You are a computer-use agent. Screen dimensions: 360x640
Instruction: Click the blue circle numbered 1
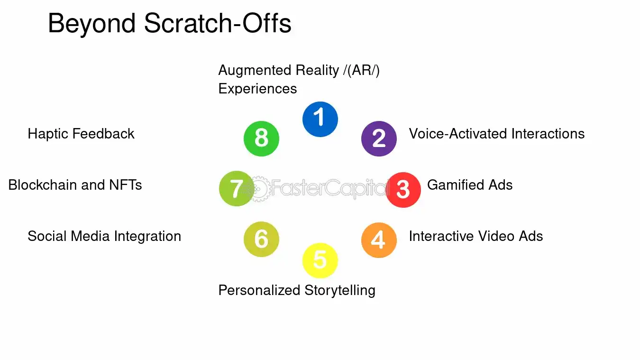tap(320, 119)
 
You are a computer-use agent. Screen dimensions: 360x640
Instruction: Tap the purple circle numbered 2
tap(379, 138)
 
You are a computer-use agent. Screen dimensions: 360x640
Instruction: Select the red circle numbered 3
tap(403, 189)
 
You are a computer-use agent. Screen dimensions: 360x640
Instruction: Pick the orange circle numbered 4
tap(379, 240)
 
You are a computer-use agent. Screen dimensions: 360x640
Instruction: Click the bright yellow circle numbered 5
tap(320, 260)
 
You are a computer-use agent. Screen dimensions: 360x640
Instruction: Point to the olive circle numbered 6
tap(261, 240)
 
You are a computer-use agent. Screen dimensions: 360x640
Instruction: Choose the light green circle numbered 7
tap(237, 189)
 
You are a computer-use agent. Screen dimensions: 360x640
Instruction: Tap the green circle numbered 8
tap(261, 138)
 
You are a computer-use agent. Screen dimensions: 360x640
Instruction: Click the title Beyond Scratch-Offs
tap(169, 23)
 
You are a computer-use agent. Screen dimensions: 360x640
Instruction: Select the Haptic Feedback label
tap(81, 134)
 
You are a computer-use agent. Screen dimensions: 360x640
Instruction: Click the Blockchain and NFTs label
tap(75, 185)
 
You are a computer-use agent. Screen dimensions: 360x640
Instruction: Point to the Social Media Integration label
tap(104, 236)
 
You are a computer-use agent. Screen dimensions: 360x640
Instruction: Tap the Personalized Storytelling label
tap(296, 290)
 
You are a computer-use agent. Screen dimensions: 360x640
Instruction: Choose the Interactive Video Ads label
tap(475, 236)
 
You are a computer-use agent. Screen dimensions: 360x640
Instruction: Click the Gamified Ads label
tap(469, 185)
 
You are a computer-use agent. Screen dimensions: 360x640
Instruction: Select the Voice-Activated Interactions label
tap(496, 134)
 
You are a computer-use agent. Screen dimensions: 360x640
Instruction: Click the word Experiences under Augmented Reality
tap(257, 89)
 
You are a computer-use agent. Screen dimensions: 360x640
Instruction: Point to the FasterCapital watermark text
tap(327, 188)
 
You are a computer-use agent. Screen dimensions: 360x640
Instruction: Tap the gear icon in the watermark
tap(259, 189)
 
